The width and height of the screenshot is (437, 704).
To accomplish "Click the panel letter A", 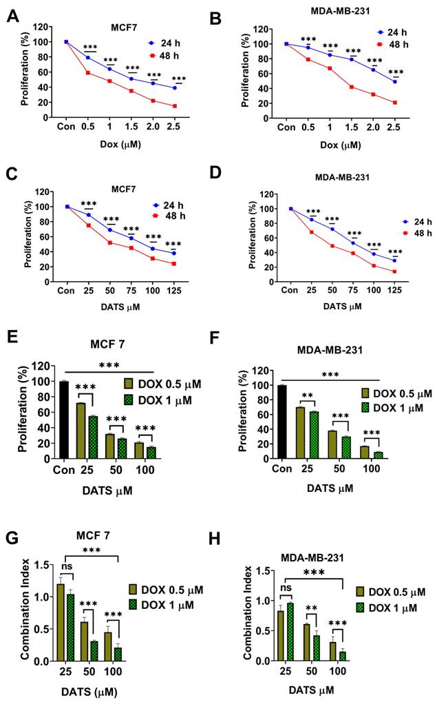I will (12, 15).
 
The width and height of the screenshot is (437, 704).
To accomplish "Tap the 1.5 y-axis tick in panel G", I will (43, 565).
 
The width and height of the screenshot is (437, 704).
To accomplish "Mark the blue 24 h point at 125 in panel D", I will (394, 260).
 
